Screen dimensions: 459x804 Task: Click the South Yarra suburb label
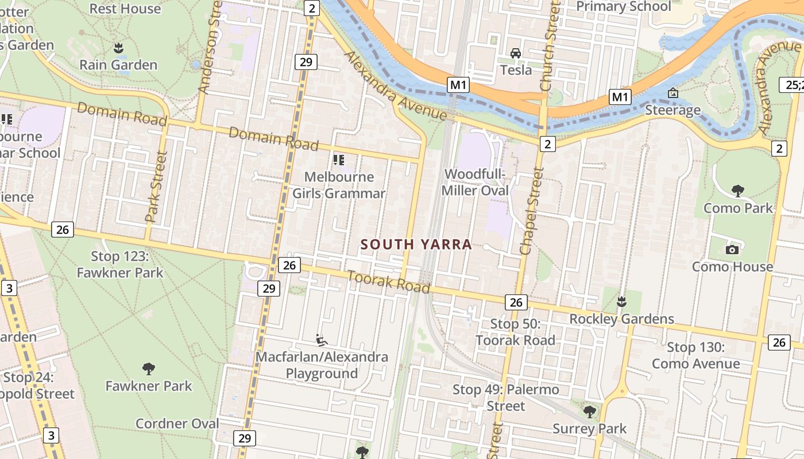coord(416,244)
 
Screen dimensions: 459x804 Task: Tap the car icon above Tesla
coord(516,53)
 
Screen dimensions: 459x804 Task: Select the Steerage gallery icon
coord(672,93)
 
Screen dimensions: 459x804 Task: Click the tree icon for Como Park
coord(738,191)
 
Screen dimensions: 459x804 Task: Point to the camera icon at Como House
coord(732,250)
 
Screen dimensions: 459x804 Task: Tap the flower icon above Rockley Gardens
coord(621,301)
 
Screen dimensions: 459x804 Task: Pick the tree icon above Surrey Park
coord(589,411)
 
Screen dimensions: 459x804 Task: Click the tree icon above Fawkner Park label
coord(149,368)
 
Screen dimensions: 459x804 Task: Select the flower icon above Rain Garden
coord(118,47)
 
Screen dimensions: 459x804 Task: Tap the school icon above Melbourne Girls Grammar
coord(339,160)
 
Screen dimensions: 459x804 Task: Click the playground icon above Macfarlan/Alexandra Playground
coord(322,340)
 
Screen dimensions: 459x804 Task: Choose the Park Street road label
coord(156,187)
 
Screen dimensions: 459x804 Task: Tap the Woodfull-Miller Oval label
coord(476,182)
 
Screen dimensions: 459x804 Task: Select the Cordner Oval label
coord(177,423)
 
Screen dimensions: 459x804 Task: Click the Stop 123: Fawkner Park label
coord(120,264)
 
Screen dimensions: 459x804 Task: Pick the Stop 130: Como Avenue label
coord(695,355)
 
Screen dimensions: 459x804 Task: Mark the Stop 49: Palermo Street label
coord(505,398)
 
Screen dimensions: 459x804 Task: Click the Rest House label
coord(125,9)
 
